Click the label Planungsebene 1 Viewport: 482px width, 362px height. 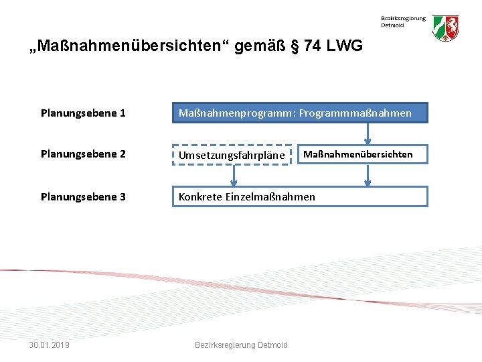click(83, 113)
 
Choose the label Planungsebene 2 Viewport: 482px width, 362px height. click(83, 154)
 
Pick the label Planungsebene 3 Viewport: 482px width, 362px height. click(83, 196)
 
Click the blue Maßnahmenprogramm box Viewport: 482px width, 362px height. click(300, 113)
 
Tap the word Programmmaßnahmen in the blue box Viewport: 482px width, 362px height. click(355, 113)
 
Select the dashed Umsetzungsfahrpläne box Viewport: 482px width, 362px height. click(232, 155)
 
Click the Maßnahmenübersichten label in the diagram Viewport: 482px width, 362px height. click(358, 154)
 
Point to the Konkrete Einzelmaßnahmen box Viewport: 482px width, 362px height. click(300, 196)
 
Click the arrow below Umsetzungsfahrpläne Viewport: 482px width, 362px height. click(234, 175)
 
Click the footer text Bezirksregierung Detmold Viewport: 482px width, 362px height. click(241, 345)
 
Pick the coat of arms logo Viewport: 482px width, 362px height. click(445, 29)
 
